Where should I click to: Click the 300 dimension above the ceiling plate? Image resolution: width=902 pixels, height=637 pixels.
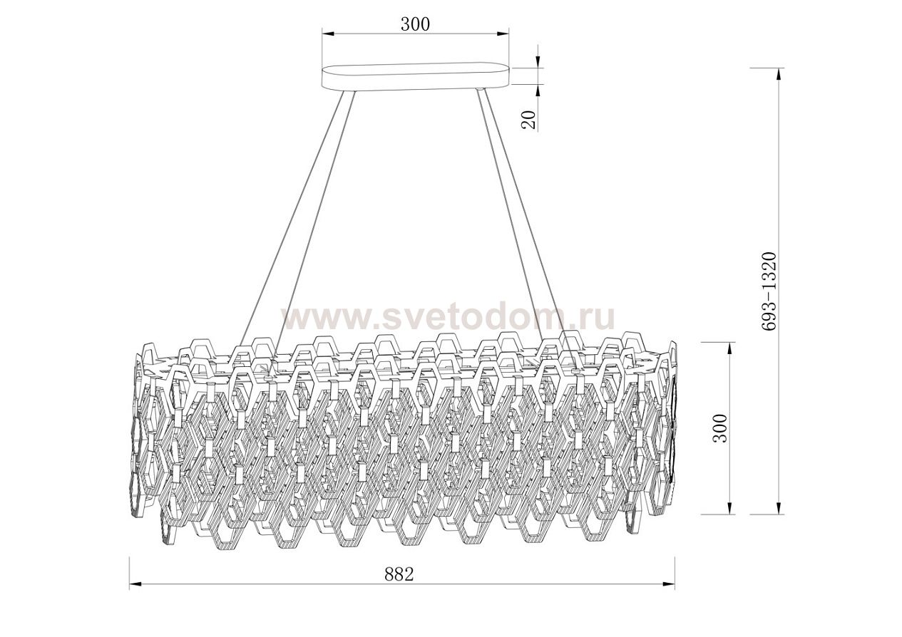414,24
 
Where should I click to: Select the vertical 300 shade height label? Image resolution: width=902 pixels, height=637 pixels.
722,428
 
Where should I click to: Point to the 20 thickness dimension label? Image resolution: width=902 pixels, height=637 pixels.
528,119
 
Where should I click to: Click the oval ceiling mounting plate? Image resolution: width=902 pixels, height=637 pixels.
416,76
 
